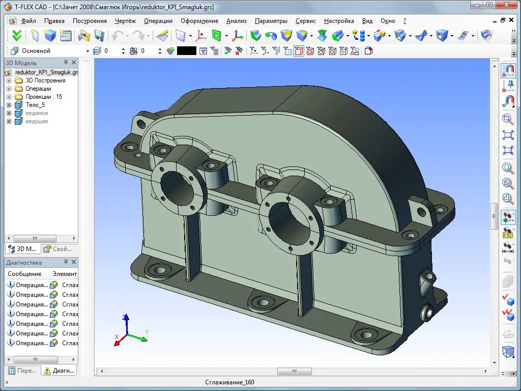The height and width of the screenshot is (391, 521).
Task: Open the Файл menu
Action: click(28, 21)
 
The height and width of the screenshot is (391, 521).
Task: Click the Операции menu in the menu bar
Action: click(158, 21)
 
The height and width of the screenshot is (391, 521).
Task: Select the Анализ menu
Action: click(237, 21)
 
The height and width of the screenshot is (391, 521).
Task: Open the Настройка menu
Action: click(339, 21)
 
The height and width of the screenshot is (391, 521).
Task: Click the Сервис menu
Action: click(306, 21)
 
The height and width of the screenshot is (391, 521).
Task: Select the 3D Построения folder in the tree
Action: click(45, 80)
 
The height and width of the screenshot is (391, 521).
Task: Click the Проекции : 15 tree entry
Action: click(44, 97)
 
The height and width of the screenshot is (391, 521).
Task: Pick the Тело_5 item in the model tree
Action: click(35, 105)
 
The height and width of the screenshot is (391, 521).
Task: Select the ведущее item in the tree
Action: click(37, 121)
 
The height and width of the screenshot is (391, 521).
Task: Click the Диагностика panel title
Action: click(24, 263)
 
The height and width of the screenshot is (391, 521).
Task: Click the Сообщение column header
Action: click(24, 274)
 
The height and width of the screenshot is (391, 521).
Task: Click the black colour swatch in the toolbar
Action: click(187, 51)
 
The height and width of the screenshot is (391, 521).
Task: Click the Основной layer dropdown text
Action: click(36, 51)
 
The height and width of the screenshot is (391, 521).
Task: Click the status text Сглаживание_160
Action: click(229, 382)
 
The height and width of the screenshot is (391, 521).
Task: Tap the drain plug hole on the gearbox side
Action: click(426, 312)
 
